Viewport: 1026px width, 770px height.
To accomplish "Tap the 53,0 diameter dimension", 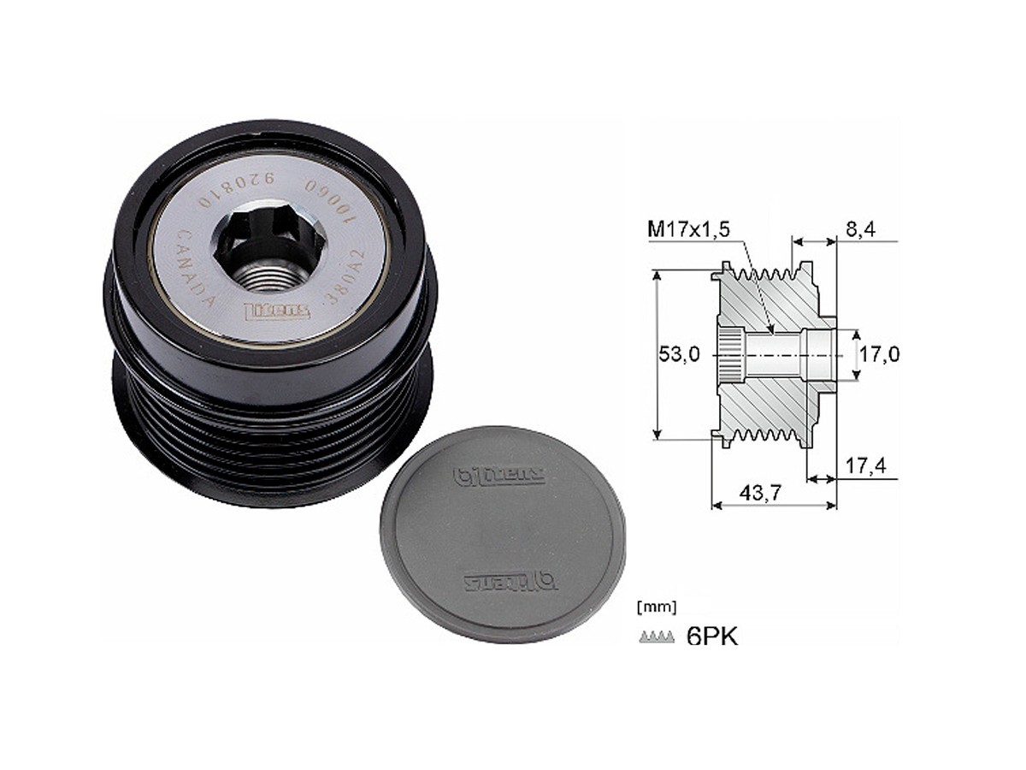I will pos(680,354).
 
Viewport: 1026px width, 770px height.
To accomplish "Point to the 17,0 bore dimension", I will pos(879,354).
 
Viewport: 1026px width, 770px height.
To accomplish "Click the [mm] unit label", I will pos(657,607).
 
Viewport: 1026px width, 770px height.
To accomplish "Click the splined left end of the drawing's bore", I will pos(728,354).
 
